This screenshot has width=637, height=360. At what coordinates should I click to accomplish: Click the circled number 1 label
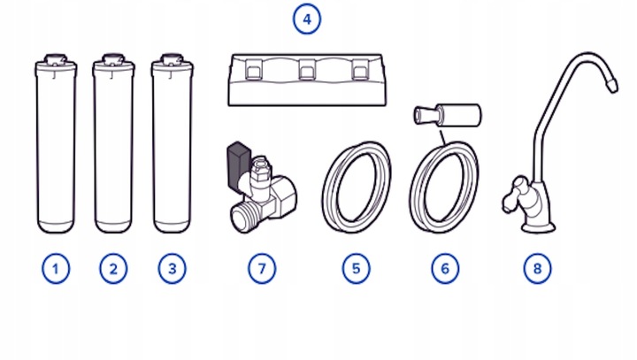pyautogui.click(x=56, y=269)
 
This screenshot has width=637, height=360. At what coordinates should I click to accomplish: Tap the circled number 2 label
pyautogui.click(x=113, y=269)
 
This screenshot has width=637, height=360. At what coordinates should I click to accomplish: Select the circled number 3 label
pyautogui.click(x=172, y=269)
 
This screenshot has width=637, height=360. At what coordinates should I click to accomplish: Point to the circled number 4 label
pyautogui.click(x=307, y=19)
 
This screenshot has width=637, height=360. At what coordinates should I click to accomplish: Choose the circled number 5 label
pyautogui.click(x=356, y=269)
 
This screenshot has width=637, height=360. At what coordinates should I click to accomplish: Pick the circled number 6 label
pyautogui.click(x=445, y=269)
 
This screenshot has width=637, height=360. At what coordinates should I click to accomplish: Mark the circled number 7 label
pyautogui.click(x=262, y=269)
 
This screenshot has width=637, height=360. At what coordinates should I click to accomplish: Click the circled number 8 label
pyautogui.click(x=538, y=269)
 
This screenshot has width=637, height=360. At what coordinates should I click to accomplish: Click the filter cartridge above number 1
pyautogui.click(x=56, y=143)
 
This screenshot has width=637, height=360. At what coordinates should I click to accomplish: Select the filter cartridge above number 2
pyautogui.click(x=113, y=143)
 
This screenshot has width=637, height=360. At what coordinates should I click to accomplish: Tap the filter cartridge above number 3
pyautogui.click(x=172, y=143)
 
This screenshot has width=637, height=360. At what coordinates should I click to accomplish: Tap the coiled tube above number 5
pyautogui.click(x=357, y=187)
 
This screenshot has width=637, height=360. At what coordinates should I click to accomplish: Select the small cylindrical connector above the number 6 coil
pyautogui.click(x=448, y=115)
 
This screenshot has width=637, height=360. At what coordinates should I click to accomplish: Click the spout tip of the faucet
pyautogui.click(x=611, y=85)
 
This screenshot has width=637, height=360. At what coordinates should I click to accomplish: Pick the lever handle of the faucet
pyautogui.click(x=512, y=195)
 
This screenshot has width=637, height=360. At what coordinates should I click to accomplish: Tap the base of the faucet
pyautogui.click(x=538, y=226)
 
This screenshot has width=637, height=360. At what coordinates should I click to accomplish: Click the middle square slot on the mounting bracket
pyautogui.click(x=307, y=70)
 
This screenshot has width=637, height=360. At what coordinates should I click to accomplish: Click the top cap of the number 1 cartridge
pyautogui.click(x=56, y=60)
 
